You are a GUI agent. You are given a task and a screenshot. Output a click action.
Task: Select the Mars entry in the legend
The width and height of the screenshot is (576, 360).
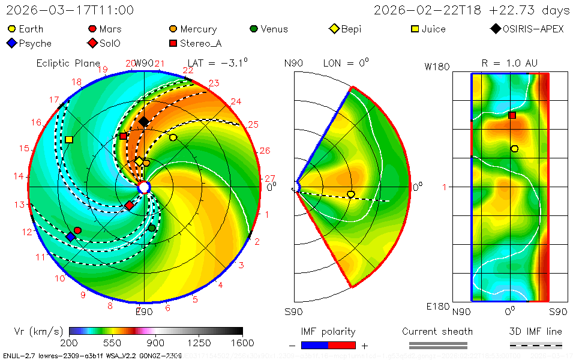104,29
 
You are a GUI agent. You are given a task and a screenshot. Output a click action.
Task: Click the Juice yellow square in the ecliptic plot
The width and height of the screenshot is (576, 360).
69,139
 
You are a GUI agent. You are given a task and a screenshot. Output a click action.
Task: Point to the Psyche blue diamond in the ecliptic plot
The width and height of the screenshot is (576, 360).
71,237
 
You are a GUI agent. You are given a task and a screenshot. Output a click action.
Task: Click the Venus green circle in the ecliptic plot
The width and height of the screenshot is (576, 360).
152,228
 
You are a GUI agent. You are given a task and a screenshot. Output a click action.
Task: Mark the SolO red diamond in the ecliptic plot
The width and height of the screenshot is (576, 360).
129,206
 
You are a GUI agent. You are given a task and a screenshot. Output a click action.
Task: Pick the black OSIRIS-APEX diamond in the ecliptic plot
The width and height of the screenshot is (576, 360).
144,122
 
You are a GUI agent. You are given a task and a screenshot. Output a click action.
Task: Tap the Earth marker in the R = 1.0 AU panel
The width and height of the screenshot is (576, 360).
514,149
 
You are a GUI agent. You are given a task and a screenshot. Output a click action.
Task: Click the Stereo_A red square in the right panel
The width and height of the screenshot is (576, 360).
512,115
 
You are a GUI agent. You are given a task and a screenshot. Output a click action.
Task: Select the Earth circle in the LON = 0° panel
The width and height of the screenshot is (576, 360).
351,194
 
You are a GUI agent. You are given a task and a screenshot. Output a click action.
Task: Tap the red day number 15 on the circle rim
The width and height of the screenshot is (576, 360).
24,148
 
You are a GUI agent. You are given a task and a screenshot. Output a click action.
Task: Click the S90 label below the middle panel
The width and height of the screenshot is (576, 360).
293,311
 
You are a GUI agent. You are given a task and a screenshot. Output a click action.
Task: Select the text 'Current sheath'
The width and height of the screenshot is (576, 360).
437,331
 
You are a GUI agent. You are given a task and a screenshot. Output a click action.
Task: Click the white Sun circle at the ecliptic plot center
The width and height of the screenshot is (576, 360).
144,188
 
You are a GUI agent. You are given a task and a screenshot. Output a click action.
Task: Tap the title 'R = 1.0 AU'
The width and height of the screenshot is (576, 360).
509,63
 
